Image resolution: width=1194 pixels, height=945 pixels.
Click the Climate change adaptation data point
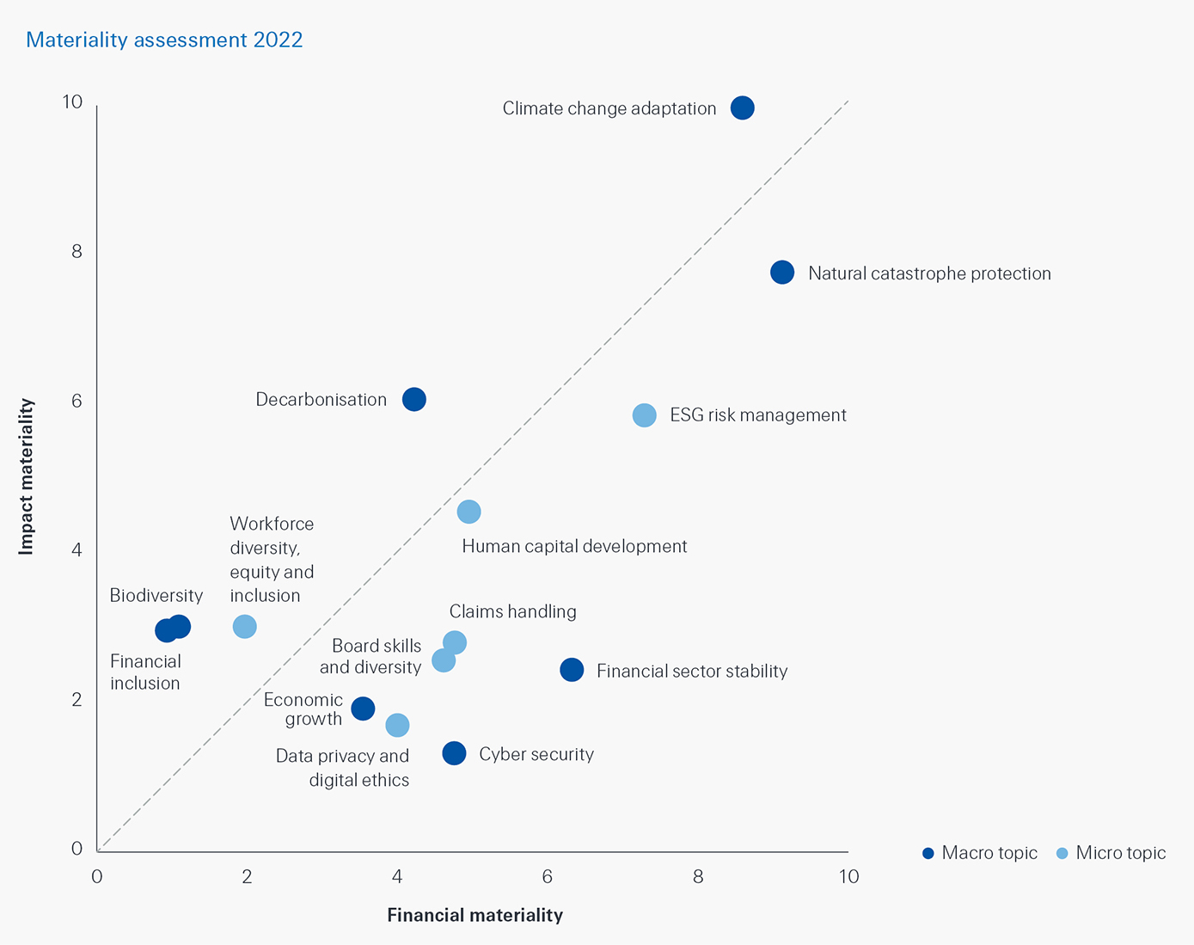742,107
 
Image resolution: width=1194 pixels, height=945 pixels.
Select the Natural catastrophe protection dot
781,273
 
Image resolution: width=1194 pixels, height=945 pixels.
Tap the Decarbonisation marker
413,399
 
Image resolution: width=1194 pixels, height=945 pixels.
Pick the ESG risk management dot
644,415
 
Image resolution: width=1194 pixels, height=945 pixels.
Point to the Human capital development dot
468,512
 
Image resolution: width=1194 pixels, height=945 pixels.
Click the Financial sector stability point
572,670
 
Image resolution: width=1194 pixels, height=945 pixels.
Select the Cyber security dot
454,753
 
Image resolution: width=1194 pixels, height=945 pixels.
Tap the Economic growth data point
363,709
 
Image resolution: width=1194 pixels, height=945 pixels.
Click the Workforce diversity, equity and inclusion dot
245,627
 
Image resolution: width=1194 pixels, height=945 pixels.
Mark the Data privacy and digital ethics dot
397,725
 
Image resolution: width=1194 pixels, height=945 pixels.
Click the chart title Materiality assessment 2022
164,40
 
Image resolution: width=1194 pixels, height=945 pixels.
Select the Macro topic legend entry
980,853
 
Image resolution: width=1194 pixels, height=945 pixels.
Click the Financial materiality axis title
475,915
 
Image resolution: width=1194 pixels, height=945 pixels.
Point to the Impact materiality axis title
27,476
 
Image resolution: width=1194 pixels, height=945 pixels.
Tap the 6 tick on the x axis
547,876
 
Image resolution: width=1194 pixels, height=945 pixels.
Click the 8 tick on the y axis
77,251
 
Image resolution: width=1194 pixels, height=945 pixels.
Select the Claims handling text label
512,611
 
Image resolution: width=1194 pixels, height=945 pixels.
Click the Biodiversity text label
156,595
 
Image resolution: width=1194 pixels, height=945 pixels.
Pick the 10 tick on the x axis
848,876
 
